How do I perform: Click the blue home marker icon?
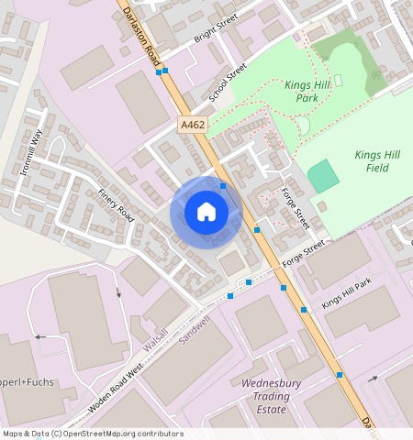pos(206,212)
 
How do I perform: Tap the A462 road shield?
pos(191,124)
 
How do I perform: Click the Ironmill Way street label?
pos(31,151)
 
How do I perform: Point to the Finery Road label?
pos(117,205)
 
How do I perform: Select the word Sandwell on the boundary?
pos(194,327)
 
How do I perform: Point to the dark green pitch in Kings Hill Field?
pos(322,176)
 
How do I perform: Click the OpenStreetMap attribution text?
pos(92,434)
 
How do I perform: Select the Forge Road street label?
pos(296,209)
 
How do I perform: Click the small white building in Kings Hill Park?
pos(338,81)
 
